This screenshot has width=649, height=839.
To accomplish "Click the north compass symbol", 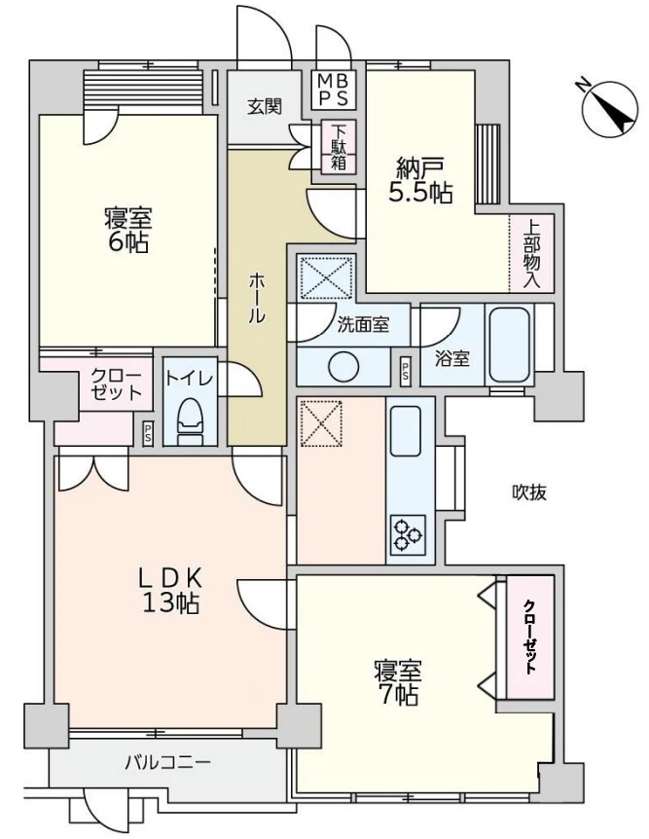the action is click(610, 107).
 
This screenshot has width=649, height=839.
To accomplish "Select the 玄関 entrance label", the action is click(264, 106).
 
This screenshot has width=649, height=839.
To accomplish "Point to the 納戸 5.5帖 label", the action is click(420, 180).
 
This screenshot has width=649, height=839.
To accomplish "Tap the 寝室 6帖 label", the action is click(127, 230).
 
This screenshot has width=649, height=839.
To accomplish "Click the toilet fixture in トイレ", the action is click(190, 422).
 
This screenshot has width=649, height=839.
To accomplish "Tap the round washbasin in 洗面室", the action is click(343, 367).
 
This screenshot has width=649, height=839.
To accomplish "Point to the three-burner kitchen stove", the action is click(407, 535).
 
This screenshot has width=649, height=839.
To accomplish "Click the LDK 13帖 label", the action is click(170, 591).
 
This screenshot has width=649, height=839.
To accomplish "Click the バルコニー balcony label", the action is click(167, 761).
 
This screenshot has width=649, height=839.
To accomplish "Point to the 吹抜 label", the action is click(529, 492).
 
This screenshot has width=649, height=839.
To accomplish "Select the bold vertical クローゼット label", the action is click(529, 637).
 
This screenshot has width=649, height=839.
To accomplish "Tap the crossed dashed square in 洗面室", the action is click(326, 276).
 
